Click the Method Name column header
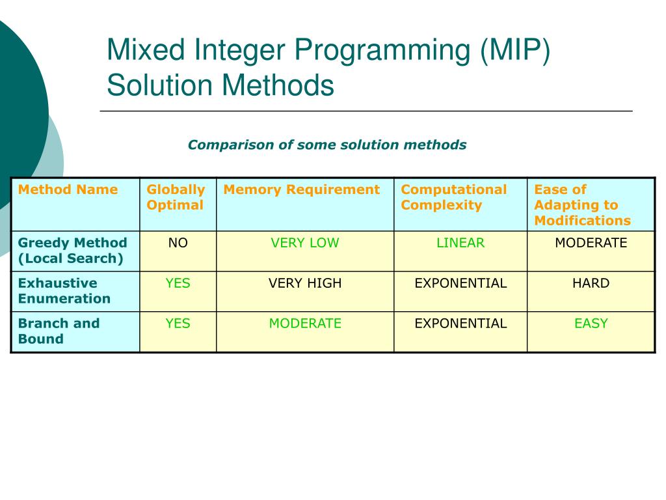(x=68, y=189)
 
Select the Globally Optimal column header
(x=176, y=197)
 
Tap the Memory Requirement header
(x=302, y=189)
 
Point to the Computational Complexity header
(x=453, y=197)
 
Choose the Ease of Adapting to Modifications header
(x=582, y=205)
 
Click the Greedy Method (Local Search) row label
(x=73, y=251)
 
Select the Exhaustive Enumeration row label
(x=64, y=291)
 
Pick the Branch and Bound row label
(x=59, y=331)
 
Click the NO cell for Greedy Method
(x=178, y=243)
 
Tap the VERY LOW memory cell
(x=305, y=243)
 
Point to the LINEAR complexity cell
(x=460, y=243)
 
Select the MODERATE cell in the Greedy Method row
(x=591, y=243)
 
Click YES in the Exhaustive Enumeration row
(x=178, y=283)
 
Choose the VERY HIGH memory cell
(x=305, y=283)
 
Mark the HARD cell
(x=591, y=283)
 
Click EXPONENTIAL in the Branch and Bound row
(x=460, y=324)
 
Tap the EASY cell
(x=591, y=324)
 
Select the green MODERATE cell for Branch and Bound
(x=305, y=324)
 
